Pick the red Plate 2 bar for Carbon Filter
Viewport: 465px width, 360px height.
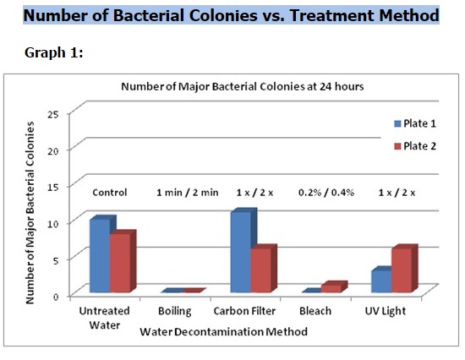pos(261,270)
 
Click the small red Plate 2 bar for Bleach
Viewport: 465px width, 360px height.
pos(332,287)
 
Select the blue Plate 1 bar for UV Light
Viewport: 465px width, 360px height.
pos(380,281)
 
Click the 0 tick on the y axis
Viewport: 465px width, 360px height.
pos(55,296)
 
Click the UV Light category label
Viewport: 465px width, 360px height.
pos(385,311)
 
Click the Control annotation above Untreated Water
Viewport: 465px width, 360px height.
pos(109,192)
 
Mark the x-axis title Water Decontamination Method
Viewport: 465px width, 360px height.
pos(224,332)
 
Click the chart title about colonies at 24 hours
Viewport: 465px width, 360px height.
pos(235,86)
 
